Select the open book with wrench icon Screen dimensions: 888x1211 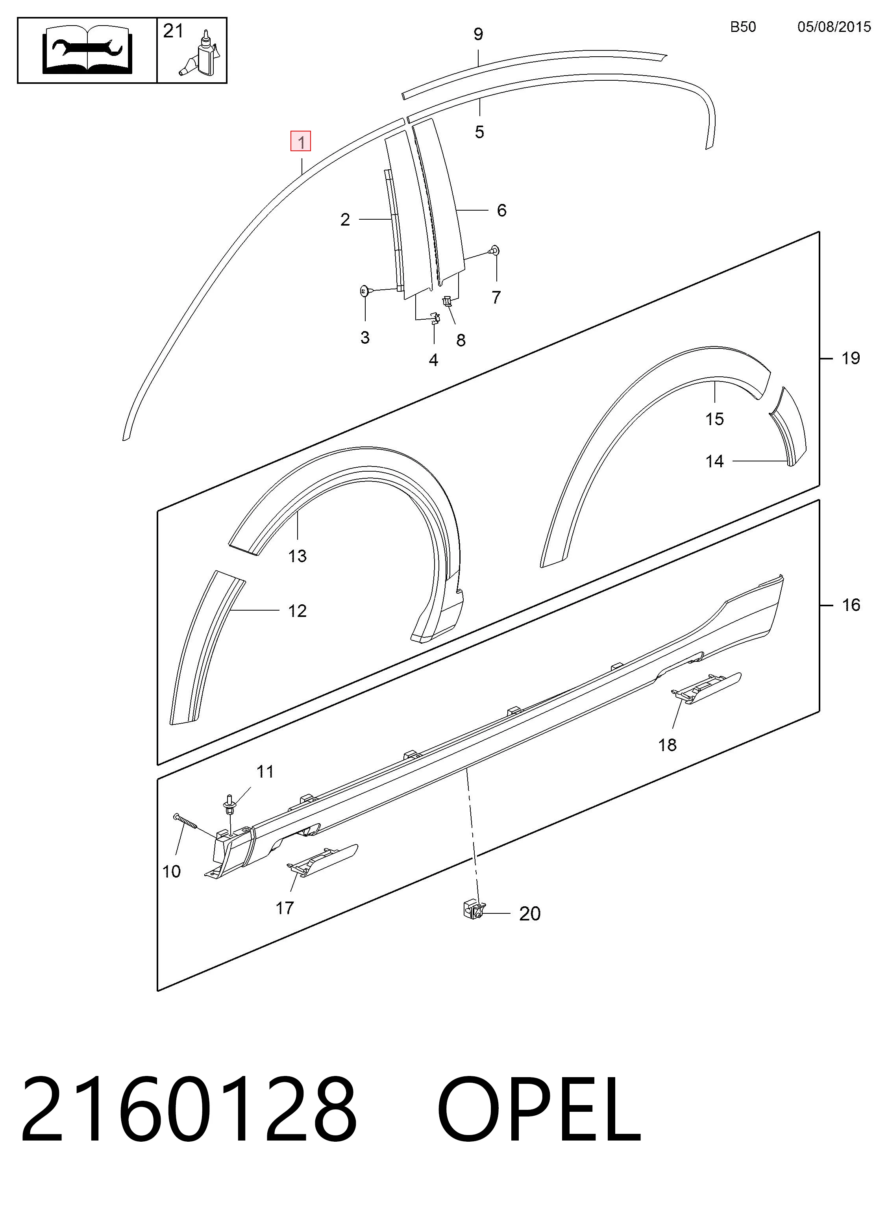click(x=87, y=50)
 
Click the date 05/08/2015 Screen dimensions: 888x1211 click(x=834, y=27)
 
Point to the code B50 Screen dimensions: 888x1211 click(x=743, y=27)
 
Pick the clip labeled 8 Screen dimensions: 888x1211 click(x=447, y=302)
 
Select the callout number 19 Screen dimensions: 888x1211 click(x=850, y=358)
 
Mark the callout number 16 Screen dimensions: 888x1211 click(x=851, y=605)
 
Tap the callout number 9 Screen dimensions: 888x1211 click(x=478, y=34)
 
